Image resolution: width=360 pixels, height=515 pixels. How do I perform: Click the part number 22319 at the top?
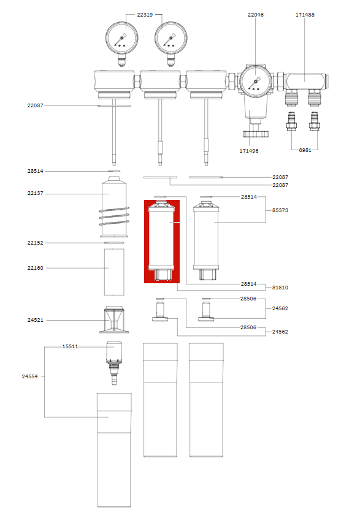144,14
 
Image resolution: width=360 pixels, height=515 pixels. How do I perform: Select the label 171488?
305,14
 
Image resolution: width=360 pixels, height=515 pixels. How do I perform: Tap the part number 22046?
256,14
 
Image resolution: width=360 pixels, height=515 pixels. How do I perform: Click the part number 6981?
305,150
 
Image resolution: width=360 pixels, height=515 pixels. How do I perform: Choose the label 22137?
35,194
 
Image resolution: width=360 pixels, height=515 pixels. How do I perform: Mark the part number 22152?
35,243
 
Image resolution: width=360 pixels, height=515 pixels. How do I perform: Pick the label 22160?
35,268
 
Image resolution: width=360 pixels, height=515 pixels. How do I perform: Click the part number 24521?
35,320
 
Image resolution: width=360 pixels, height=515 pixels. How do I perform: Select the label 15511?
70,346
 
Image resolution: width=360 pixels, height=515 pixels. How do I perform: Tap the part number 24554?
29,376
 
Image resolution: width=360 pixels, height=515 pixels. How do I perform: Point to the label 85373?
280,210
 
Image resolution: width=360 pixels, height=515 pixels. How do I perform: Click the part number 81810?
280,287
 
